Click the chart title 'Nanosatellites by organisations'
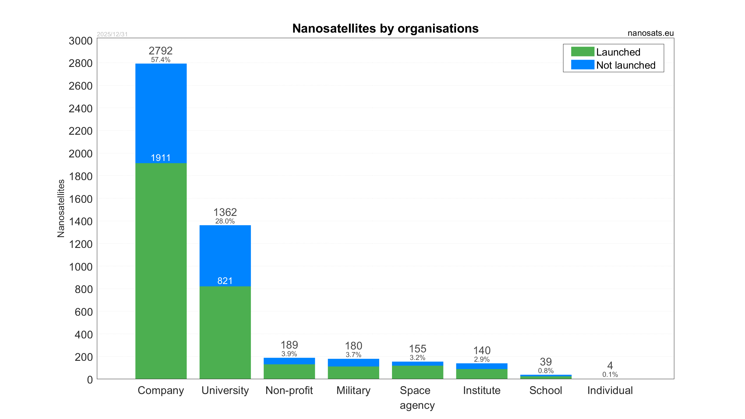(385, 29)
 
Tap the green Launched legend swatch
(582, 52)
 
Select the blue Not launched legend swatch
(582, 65)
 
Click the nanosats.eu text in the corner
(650, 33)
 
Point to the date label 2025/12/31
(112, 34)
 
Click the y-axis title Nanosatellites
(61, 208)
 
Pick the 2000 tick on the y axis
(81, 154)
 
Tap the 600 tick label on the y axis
(84, 312)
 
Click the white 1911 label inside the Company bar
(161, 158)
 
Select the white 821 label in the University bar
(225, 281)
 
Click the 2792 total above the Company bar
(161, 51)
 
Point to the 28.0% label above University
(225, 221)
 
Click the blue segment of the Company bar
(161, 111)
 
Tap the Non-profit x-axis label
(289, 390)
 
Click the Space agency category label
(417, 397)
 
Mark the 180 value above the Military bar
(353, 346)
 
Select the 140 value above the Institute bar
(482, 351)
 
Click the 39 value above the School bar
(546, 362)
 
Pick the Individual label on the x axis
(610, 390)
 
